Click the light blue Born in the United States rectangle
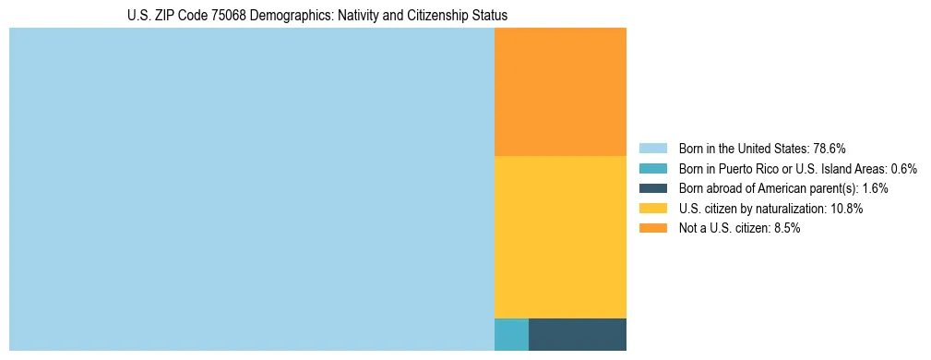coord(251,189)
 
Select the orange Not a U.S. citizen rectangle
coord(560,91)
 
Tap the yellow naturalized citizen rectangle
coord(560,237)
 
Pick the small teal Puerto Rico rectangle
coord(511,334)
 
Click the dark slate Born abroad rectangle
coord(577,334)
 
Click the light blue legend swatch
coord(652,149)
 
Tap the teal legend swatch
coord(652,169)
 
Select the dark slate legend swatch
coord(652,188)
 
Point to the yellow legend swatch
coord(652,209)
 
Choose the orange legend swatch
coord(652,228)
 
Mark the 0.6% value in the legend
coord(903,169)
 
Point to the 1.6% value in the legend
coord(875,188)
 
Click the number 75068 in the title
coord(209,16)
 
